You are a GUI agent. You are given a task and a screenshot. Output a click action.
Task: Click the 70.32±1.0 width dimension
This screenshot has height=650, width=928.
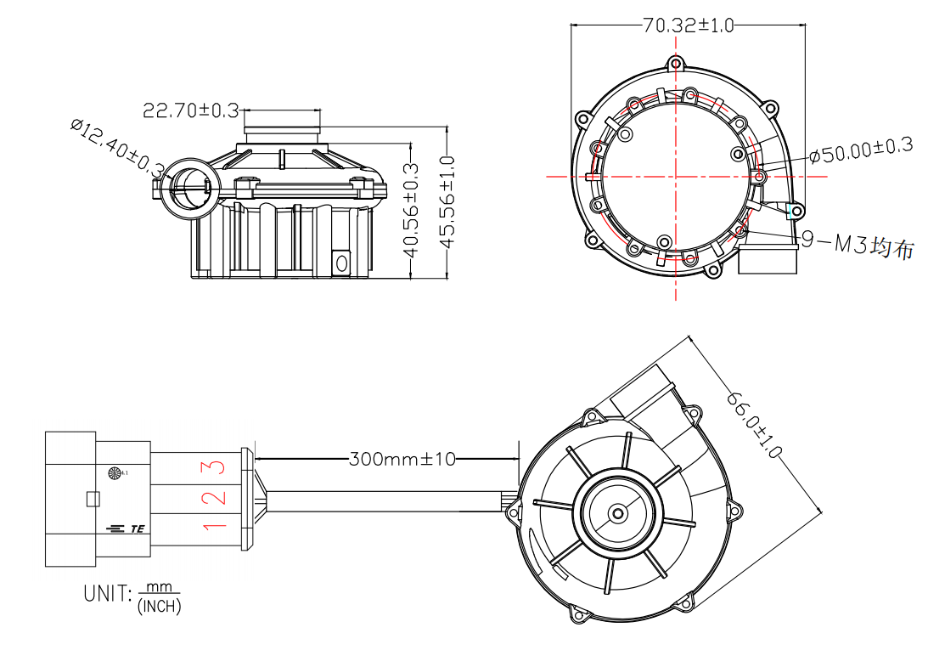tap(688, 25)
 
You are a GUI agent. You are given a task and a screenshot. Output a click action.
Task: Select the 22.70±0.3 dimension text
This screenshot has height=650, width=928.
tap(190, 110)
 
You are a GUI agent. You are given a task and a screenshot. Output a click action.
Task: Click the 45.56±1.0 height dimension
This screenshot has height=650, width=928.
tap(447, 202)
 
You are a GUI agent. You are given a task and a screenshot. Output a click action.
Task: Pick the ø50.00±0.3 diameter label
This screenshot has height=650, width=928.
tap(860, 150)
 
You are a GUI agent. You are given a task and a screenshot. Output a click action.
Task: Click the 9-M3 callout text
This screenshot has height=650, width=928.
tap(858, 246)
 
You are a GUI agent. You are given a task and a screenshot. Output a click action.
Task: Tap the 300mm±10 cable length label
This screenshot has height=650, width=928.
tap(402, 460)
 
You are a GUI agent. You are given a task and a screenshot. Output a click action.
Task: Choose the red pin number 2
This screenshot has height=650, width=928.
tap(217, 497)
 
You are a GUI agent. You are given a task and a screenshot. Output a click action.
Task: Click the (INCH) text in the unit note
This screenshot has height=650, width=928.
tap(159, 606)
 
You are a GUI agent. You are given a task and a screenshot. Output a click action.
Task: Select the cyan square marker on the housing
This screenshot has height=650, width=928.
tap(796, 210)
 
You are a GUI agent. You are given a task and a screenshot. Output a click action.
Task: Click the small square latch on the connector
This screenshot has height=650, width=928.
tap(93, 499)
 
